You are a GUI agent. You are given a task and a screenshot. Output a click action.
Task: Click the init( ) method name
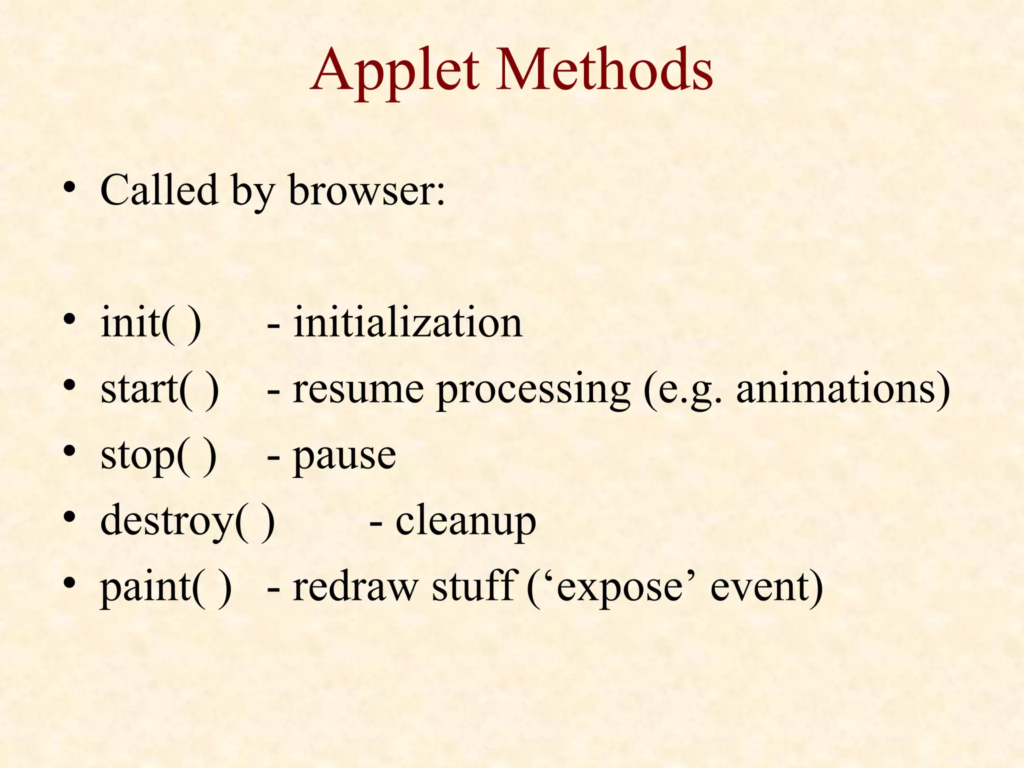click(150, 323)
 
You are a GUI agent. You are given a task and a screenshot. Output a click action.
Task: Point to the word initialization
click(407, 323)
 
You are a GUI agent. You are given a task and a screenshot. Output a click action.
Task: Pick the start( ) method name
click(159, 389)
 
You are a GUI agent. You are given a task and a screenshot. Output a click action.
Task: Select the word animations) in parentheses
click(843, 389)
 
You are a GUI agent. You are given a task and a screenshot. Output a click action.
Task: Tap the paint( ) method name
click(165, 587)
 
